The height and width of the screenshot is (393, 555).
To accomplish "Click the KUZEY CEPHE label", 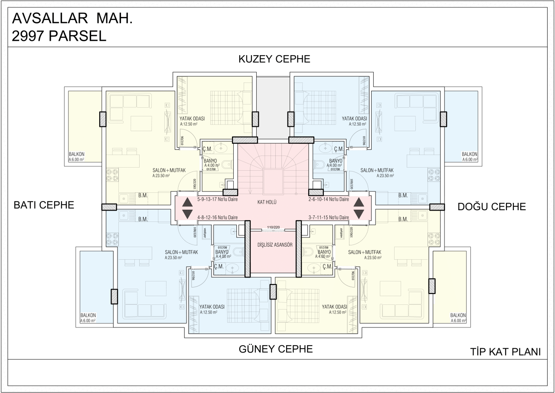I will click(274, 59).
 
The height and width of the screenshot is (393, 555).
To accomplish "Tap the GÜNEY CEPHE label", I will click(275, 349).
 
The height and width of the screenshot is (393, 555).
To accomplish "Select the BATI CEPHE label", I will click(43, 205).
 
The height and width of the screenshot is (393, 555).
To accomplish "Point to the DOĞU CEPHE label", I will click(492, 207).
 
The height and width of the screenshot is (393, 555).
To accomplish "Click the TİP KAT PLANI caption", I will click(505, 352).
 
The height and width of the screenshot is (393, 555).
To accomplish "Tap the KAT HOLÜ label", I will click(267, 202).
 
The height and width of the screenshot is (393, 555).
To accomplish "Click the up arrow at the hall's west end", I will click(187, 202).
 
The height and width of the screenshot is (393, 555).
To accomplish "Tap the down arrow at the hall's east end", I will click(359, 214).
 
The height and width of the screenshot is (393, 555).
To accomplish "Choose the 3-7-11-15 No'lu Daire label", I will click(329, 217).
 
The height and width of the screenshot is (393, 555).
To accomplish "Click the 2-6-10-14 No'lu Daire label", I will click(329, 199).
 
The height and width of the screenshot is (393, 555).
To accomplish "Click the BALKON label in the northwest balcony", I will click(76, 154).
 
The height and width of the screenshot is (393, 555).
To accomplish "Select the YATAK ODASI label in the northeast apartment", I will click(354, 119).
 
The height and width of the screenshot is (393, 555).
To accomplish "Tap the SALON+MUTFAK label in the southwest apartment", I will click(181, 252).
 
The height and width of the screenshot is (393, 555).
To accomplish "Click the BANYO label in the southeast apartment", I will click(324, 252).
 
